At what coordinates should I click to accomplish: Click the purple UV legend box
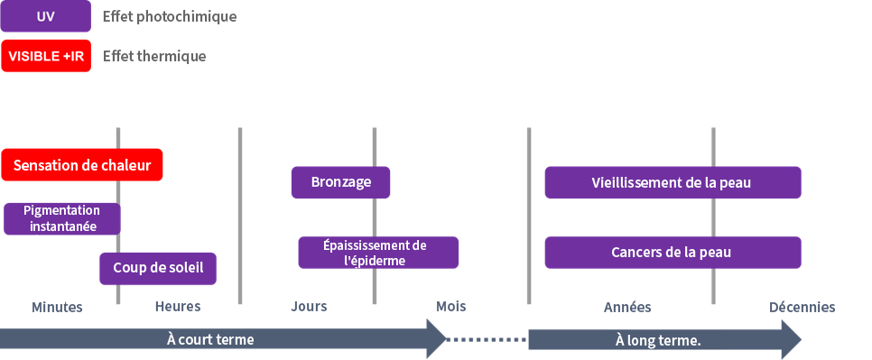pos(46,17)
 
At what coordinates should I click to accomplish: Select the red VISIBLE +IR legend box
pos(46,55)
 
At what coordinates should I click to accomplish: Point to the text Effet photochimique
pos(169,17)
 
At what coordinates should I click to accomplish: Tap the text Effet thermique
pos(154,56)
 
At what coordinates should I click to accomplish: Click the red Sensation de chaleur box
pos(82,165)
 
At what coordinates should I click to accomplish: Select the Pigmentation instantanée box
pos(61,218)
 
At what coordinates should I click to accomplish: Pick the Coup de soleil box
pos(158,268)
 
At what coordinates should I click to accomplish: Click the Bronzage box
pos(340,182)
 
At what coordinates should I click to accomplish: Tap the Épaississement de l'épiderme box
pos(378,253)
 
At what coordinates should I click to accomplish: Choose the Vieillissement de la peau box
pos(673,182)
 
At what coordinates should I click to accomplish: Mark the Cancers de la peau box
pos(673,253)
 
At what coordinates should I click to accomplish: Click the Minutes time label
pos(57,307)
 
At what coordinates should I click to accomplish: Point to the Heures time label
pos(177,307)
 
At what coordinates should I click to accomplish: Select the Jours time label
pos(309,307)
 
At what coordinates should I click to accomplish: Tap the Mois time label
pos(451,306)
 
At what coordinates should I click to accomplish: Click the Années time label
pos(626,307)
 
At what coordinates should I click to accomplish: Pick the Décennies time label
pos(802,307)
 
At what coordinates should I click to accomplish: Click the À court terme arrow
pos(217,340)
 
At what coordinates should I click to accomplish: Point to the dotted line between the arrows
pos(487,340)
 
